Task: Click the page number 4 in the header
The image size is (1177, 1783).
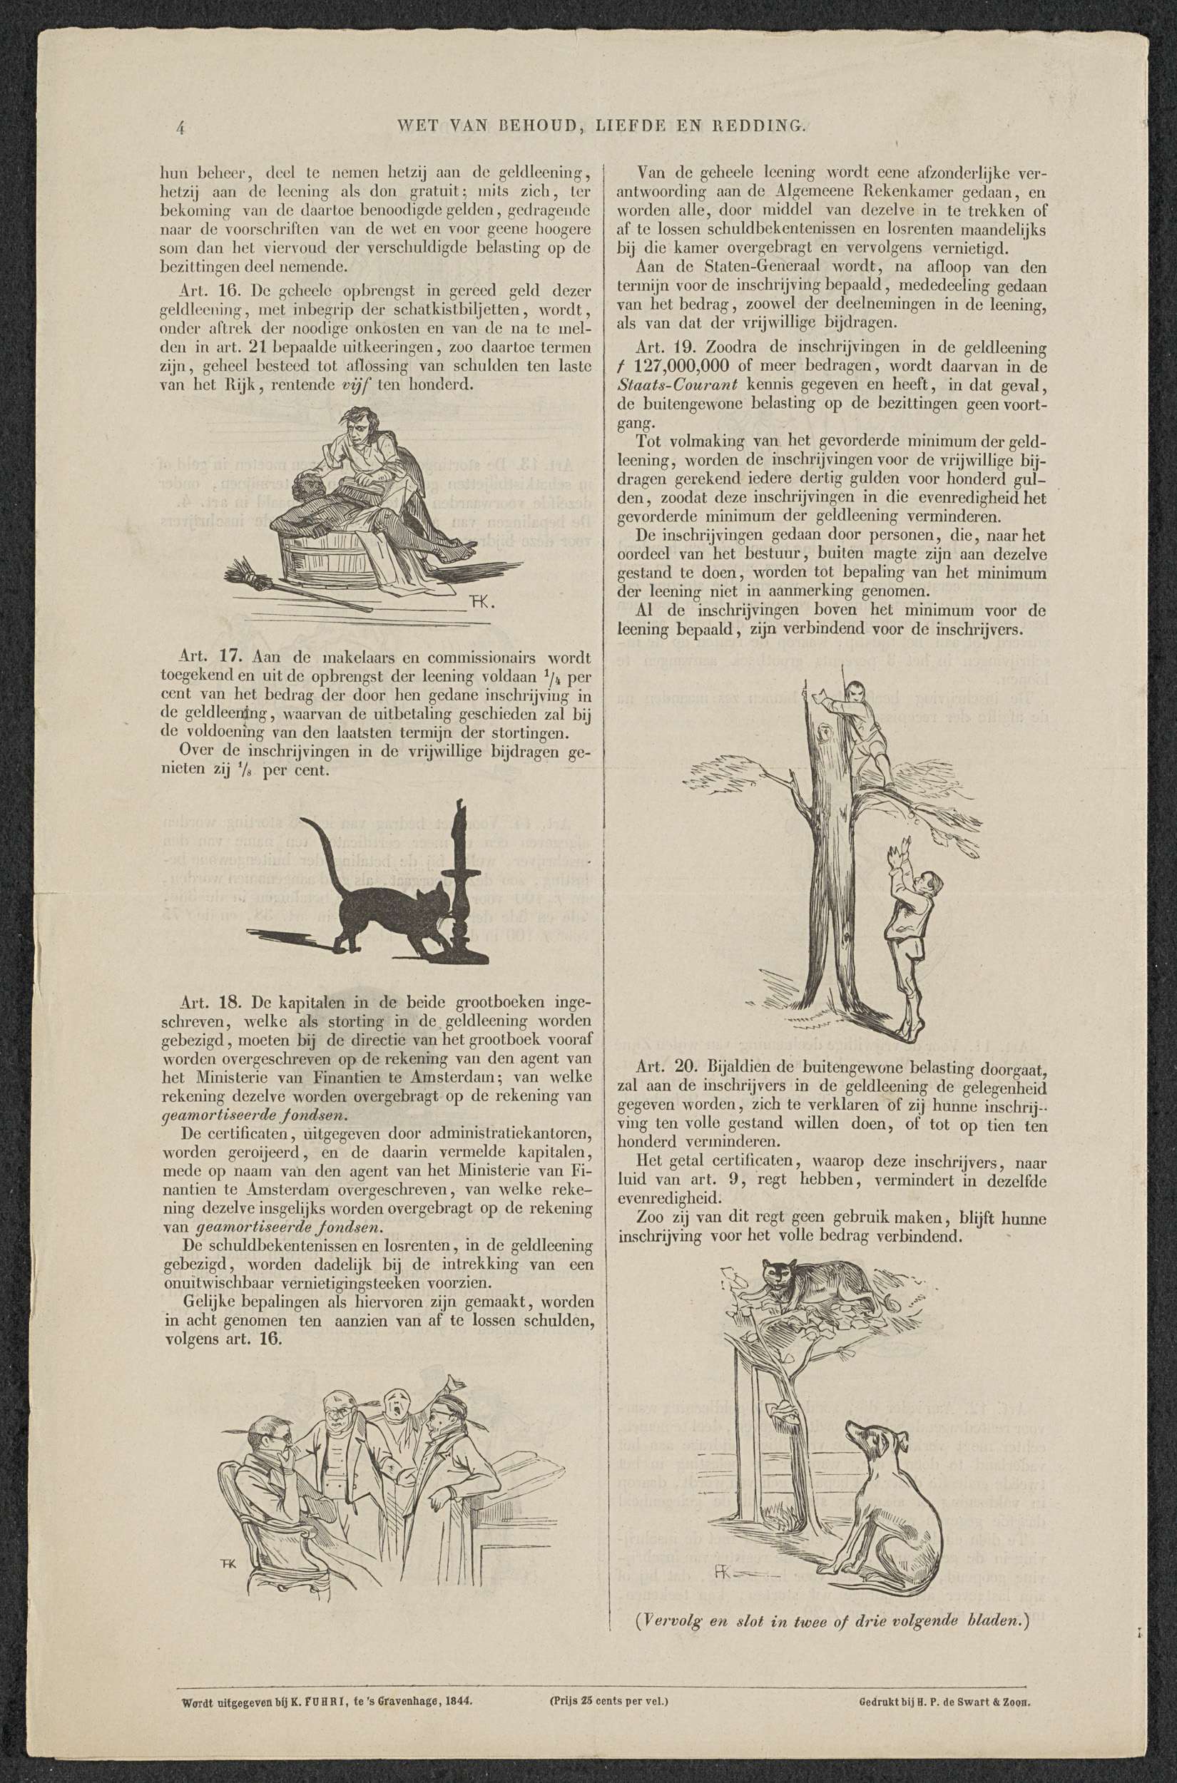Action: coord(181,127)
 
